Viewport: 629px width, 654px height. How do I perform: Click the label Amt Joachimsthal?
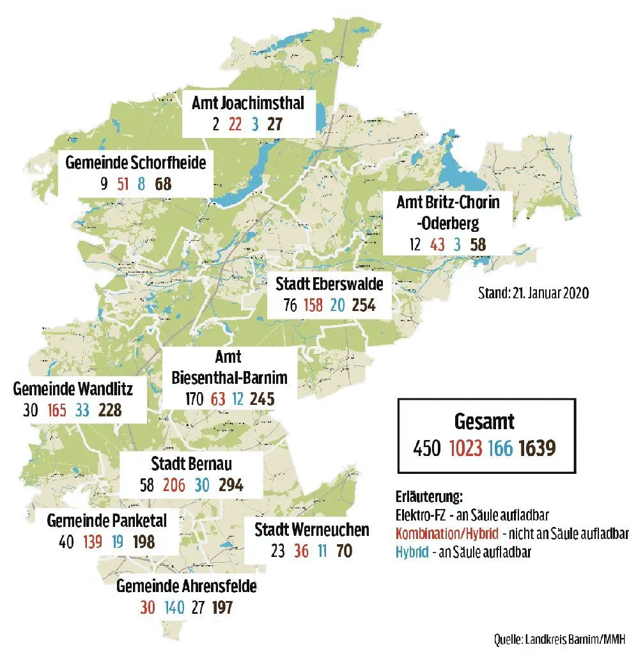[248, 103]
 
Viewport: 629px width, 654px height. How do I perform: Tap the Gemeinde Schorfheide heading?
[136, 163]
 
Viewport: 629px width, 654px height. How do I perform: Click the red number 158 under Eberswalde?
[314, 305]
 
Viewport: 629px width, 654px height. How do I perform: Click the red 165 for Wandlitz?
[56, 410]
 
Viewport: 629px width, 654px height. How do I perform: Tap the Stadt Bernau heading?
[191, 463]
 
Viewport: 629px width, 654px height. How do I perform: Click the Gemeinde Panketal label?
[107, 521]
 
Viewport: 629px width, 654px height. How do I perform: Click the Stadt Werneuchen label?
[312, 529]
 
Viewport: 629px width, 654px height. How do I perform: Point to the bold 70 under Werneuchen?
[344, 551]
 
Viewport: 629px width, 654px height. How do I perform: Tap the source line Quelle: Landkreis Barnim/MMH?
[559, 638]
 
